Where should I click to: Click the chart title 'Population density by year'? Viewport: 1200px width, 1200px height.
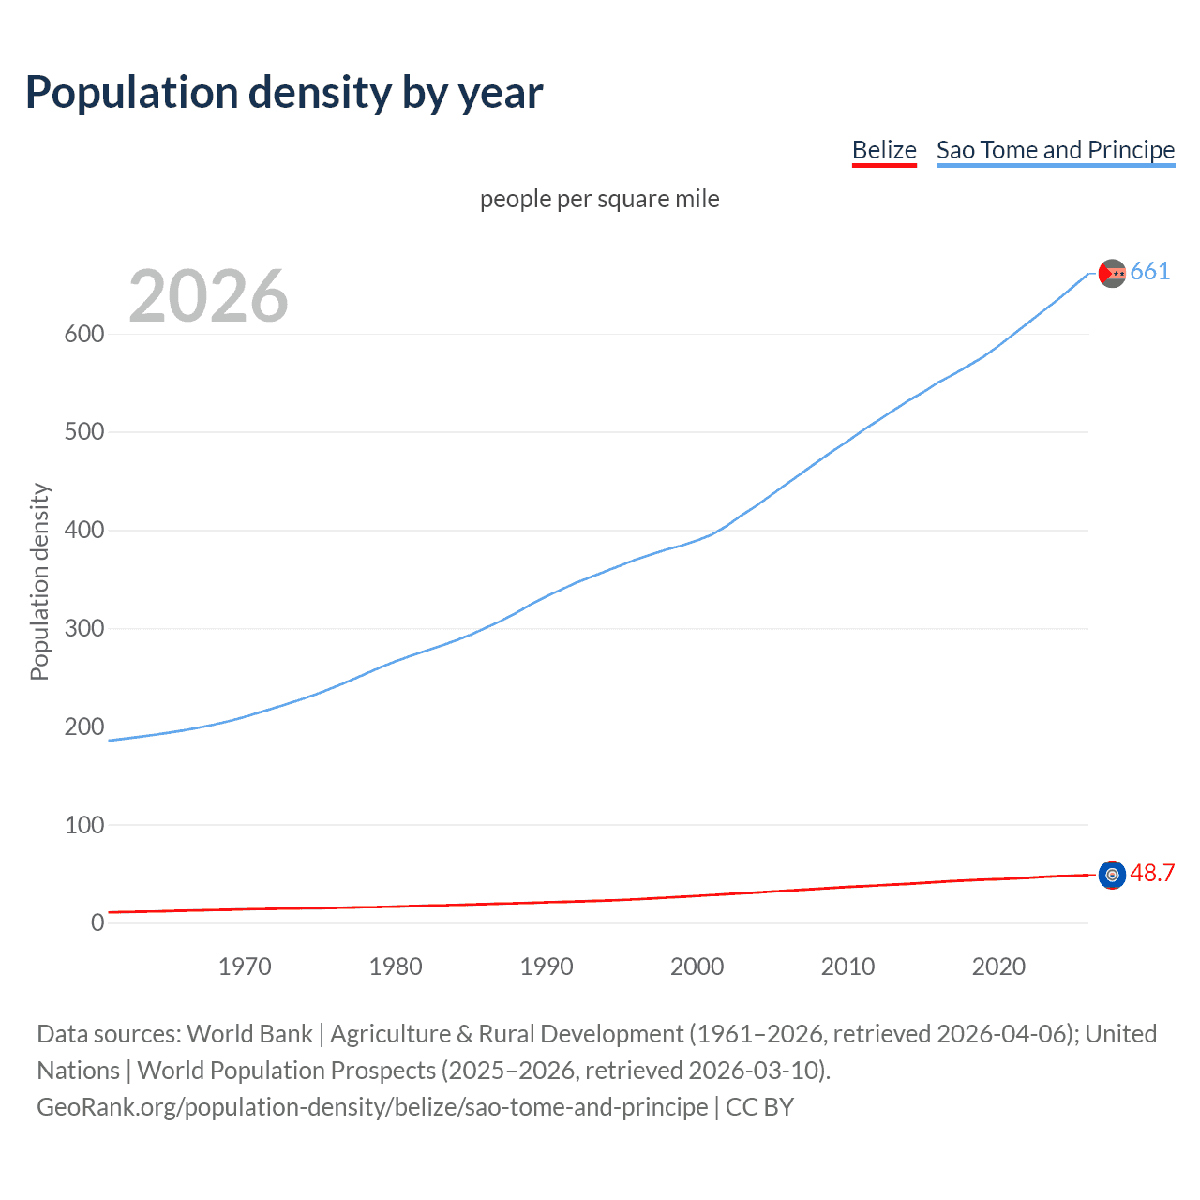click(x=284, y=93)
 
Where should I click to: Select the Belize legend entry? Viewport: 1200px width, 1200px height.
click(x=884, y=150)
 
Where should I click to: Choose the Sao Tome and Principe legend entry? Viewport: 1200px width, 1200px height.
click(x=1056, y=150)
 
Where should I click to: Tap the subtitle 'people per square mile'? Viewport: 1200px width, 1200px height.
click(x=600, y=199)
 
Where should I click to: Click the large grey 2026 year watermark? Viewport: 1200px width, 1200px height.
click(x=208, y=296)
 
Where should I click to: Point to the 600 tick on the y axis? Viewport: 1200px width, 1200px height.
click(x=83, y=334)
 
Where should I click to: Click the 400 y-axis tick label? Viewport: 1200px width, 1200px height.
click(x=83, y=531)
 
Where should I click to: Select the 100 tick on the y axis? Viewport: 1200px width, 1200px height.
click(x=83, y=825)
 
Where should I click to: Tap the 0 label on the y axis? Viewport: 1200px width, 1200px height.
click(x=97, y=922)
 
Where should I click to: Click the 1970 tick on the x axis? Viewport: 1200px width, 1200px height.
click(x=245, y=967)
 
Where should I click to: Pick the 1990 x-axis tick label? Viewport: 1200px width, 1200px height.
click(x=547, y=967)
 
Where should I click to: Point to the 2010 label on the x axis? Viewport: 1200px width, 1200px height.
click(x=847, y=967)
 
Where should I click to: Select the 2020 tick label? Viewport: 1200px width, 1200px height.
click(x=998, y=967)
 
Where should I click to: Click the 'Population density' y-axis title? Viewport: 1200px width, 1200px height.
click(x=39, y=581)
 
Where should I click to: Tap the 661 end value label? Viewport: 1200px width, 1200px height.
click(x=1150, y=272)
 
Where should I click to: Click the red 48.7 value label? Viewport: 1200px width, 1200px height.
click(x=1152, y=874)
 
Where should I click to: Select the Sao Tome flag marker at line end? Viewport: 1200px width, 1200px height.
click(x=1112, y=273)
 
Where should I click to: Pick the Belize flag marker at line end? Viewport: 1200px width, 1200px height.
click(x=1112, y=875)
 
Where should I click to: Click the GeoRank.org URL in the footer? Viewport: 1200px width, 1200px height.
click(x=372, y=1107)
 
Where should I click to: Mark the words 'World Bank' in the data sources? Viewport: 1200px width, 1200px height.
click(x=249, y=1034)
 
